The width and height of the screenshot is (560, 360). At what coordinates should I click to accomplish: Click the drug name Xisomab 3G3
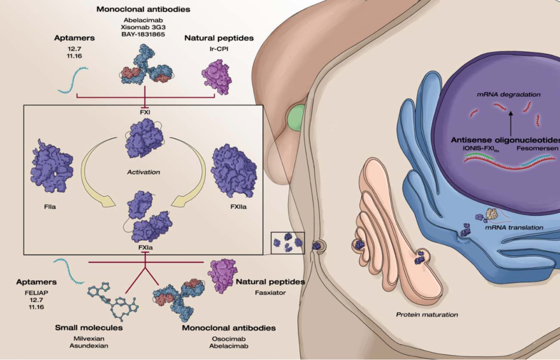click(143, 27)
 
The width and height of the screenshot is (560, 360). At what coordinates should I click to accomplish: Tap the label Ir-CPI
click(219, 49)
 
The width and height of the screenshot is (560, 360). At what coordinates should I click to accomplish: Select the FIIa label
click(50, 207)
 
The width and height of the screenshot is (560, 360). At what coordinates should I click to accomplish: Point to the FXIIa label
click(238, 207)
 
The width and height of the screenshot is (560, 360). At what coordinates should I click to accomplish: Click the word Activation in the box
click(144, 172)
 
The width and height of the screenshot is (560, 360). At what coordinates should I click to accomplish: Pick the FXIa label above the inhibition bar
click(146, 248)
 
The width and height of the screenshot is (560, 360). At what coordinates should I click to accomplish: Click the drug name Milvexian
click(89, 339)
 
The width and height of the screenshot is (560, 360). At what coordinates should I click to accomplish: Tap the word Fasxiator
click(270, 293)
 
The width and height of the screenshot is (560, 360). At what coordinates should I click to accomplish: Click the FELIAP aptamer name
click(36, 293)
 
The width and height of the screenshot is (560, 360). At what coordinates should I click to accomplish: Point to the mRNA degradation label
click(508, 94)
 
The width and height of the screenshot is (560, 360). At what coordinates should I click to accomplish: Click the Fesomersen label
click(537, 148)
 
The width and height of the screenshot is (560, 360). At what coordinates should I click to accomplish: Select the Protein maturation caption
click(427, 314)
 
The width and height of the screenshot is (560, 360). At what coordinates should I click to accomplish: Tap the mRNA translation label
click(514, 228)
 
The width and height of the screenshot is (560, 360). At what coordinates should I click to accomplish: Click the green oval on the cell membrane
click(296, 118)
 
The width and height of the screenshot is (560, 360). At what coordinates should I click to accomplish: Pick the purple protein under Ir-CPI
click(217, 77)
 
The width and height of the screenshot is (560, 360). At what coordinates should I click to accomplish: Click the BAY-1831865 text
click(143, 34)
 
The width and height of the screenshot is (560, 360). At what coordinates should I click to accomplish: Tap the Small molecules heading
click(89, 328)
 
